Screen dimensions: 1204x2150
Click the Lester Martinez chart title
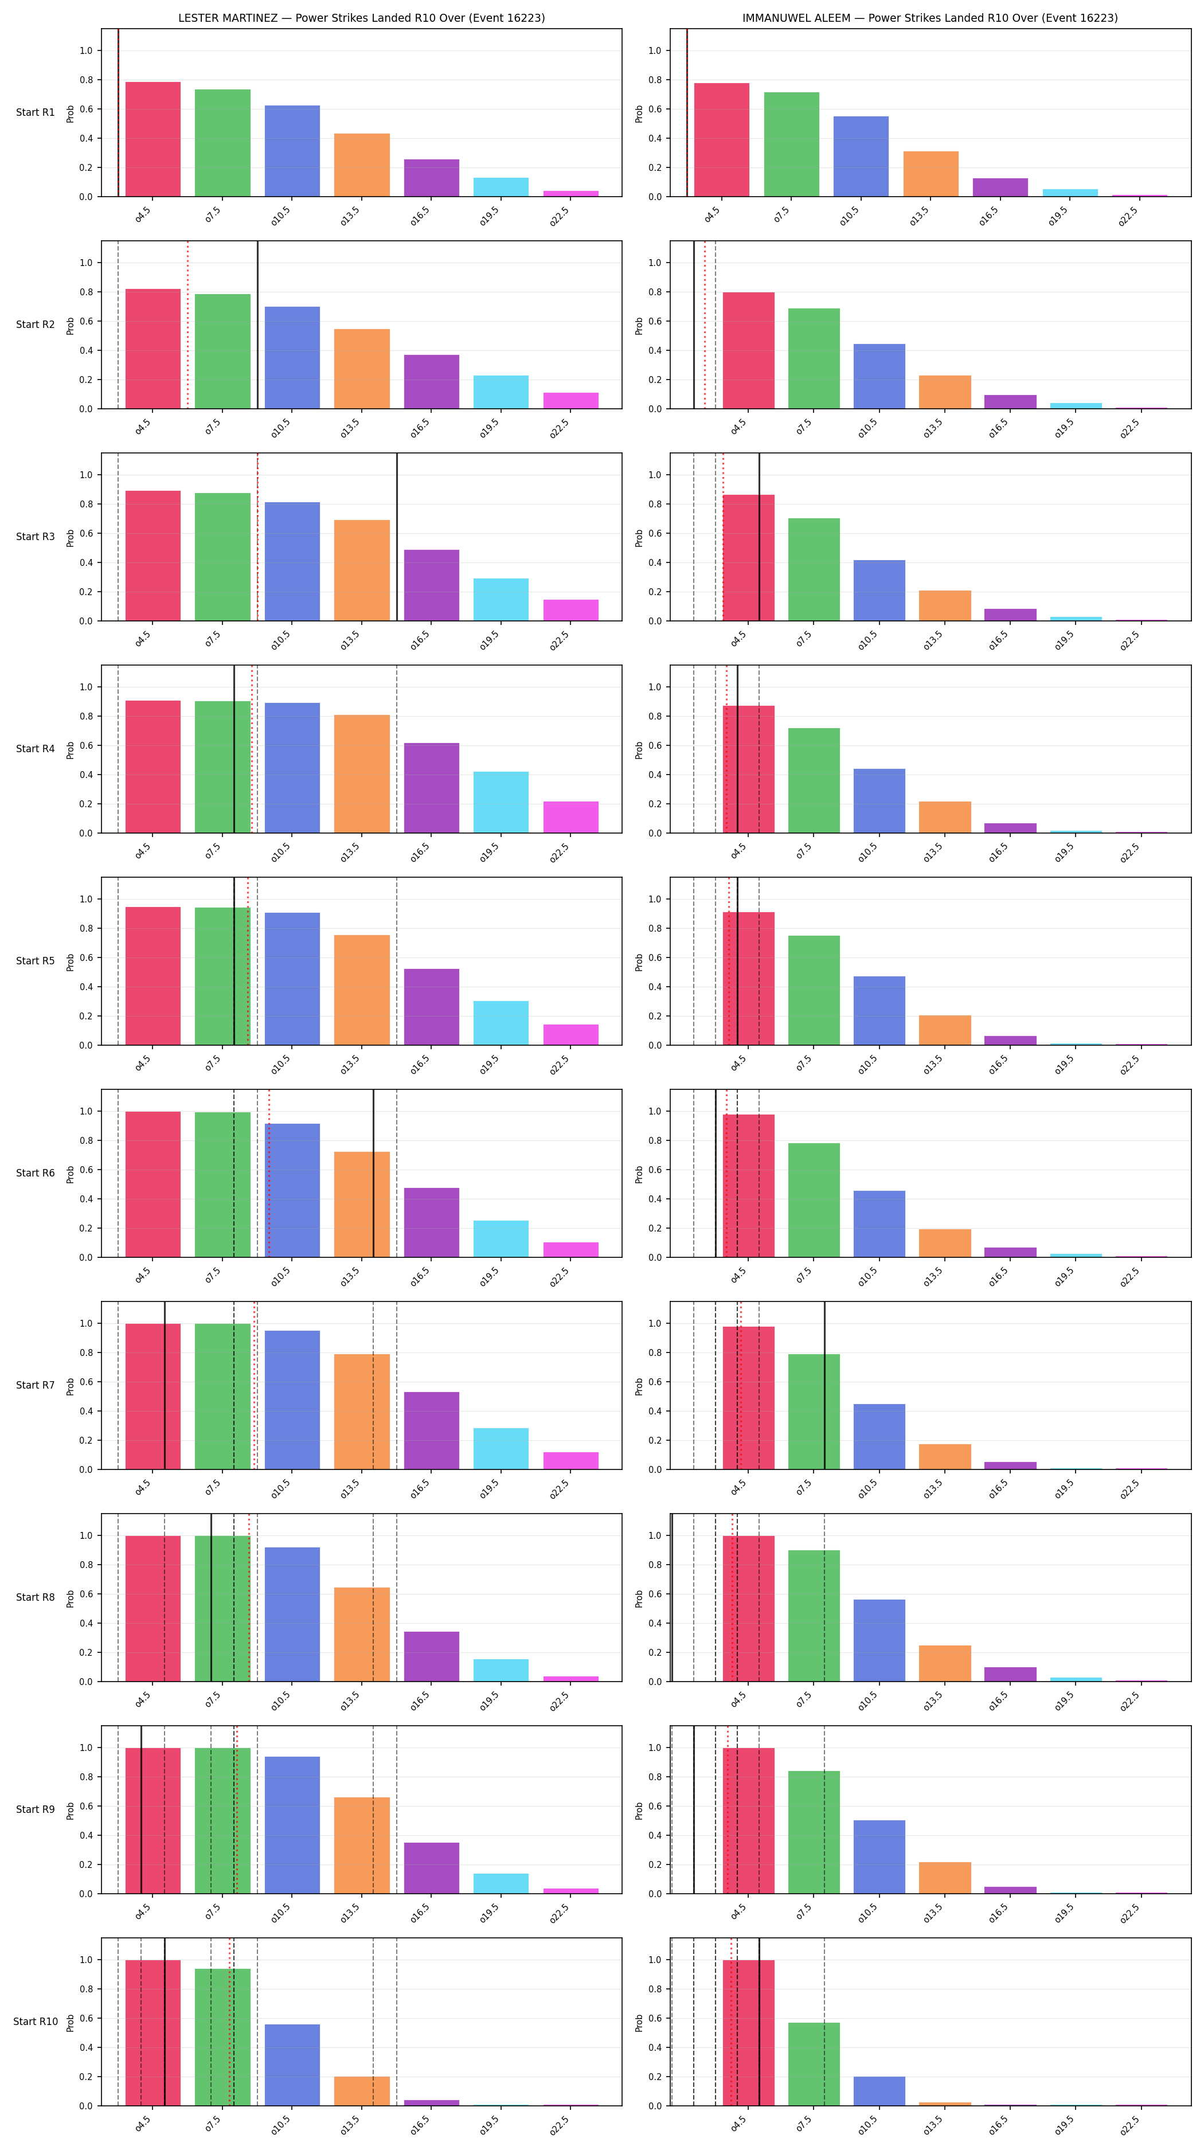361,18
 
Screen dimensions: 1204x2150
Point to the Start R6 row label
35,1172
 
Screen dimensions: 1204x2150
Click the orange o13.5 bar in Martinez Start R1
361,165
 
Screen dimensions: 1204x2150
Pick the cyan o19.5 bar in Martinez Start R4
501,802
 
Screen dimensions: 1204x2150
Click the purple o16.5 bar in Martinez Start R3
431,585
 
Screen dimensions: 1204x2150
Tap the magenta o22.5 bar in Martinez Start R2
570,401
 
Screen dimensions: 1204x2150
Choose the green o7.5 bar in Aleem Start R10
814,2063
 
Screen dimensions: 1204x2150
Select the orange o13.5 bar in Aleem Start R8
944,1663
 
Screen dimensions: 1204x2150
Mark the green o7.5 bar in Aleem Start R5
814,990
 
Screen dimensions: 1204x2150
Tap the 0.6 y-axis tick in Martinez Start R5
86,957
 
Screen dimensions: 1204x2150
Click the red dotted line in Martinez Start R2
187,325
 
